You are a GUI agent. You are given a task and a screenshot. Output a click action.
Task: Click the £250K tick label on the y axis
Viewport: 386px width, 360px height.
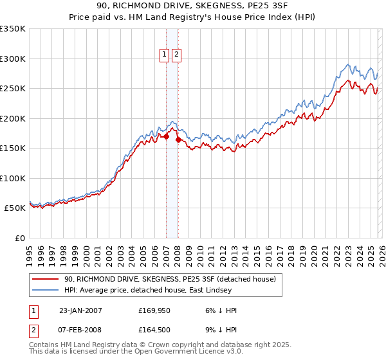pos(12,89)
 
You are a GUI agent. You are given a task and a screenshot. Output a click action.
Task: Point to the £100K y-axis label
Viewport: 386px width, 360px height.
pos(12,178)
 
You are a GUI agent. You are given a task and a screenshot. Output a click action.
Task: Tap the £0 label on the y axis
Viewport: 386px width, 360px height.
pos(19,238)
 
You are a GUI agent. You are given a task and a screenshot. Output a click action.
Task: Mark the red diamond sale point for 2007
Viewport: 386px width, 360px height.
pos(166,136)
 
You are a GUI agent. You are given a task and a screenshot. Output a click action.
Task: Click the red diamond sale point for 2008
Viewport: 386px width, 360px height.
pos(178,139)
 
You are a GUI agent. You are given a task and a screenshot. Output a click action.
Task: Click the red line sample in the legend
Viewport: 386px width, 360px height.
pos(46,279)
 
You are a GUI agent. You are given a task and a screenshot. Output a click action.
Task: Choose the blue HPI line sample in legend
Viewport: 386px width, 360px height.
pos(46,290)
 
